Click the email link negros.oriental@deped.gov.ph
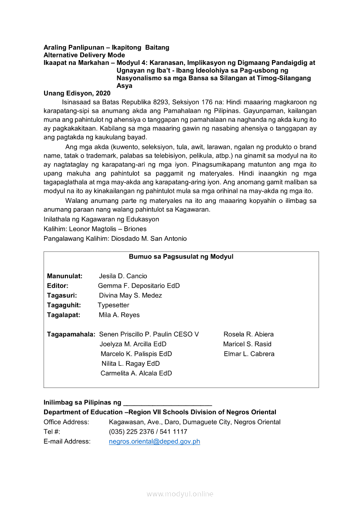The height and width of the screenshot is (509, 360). coord(154,442)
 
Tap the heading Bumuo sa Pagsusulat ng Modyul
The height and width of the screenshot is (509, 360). coord(181,256)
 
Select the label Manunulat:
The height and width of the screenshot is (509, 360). coord(65,276)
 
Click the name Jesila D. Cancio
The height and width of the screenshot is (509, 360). coord(123,276)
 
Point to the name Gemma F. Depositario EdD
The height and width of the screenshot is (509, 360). coord(139,286)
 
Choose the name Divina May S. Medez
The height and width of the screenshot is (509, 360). coord(130,295)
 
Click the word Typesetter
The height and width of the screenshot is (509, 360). coord(113,305)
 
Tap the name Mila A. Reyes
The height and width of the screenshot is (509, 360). coord(119,315)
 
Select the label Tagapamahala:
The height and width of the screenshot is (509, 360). coord(71,334)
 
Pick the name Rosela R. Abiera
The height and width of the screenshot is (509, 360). coord(248,334)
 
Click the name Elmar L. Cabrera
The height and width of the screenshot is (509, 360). coord(249,354)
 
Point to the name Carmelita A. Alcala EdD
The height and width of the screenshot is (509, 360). coord(136,373)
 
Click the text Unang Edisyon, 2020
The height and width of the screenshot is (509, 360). coord(77,93)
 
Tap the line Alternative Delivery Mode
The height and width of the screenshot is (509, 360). coord(84,55)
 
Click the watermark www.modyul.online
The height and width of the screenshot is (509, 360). coord(180,494)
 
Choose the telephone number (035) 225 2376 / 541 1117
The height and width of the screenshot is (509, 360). coord(148,431)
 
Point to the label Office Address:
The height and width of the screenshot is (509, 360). coord(66,422)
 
